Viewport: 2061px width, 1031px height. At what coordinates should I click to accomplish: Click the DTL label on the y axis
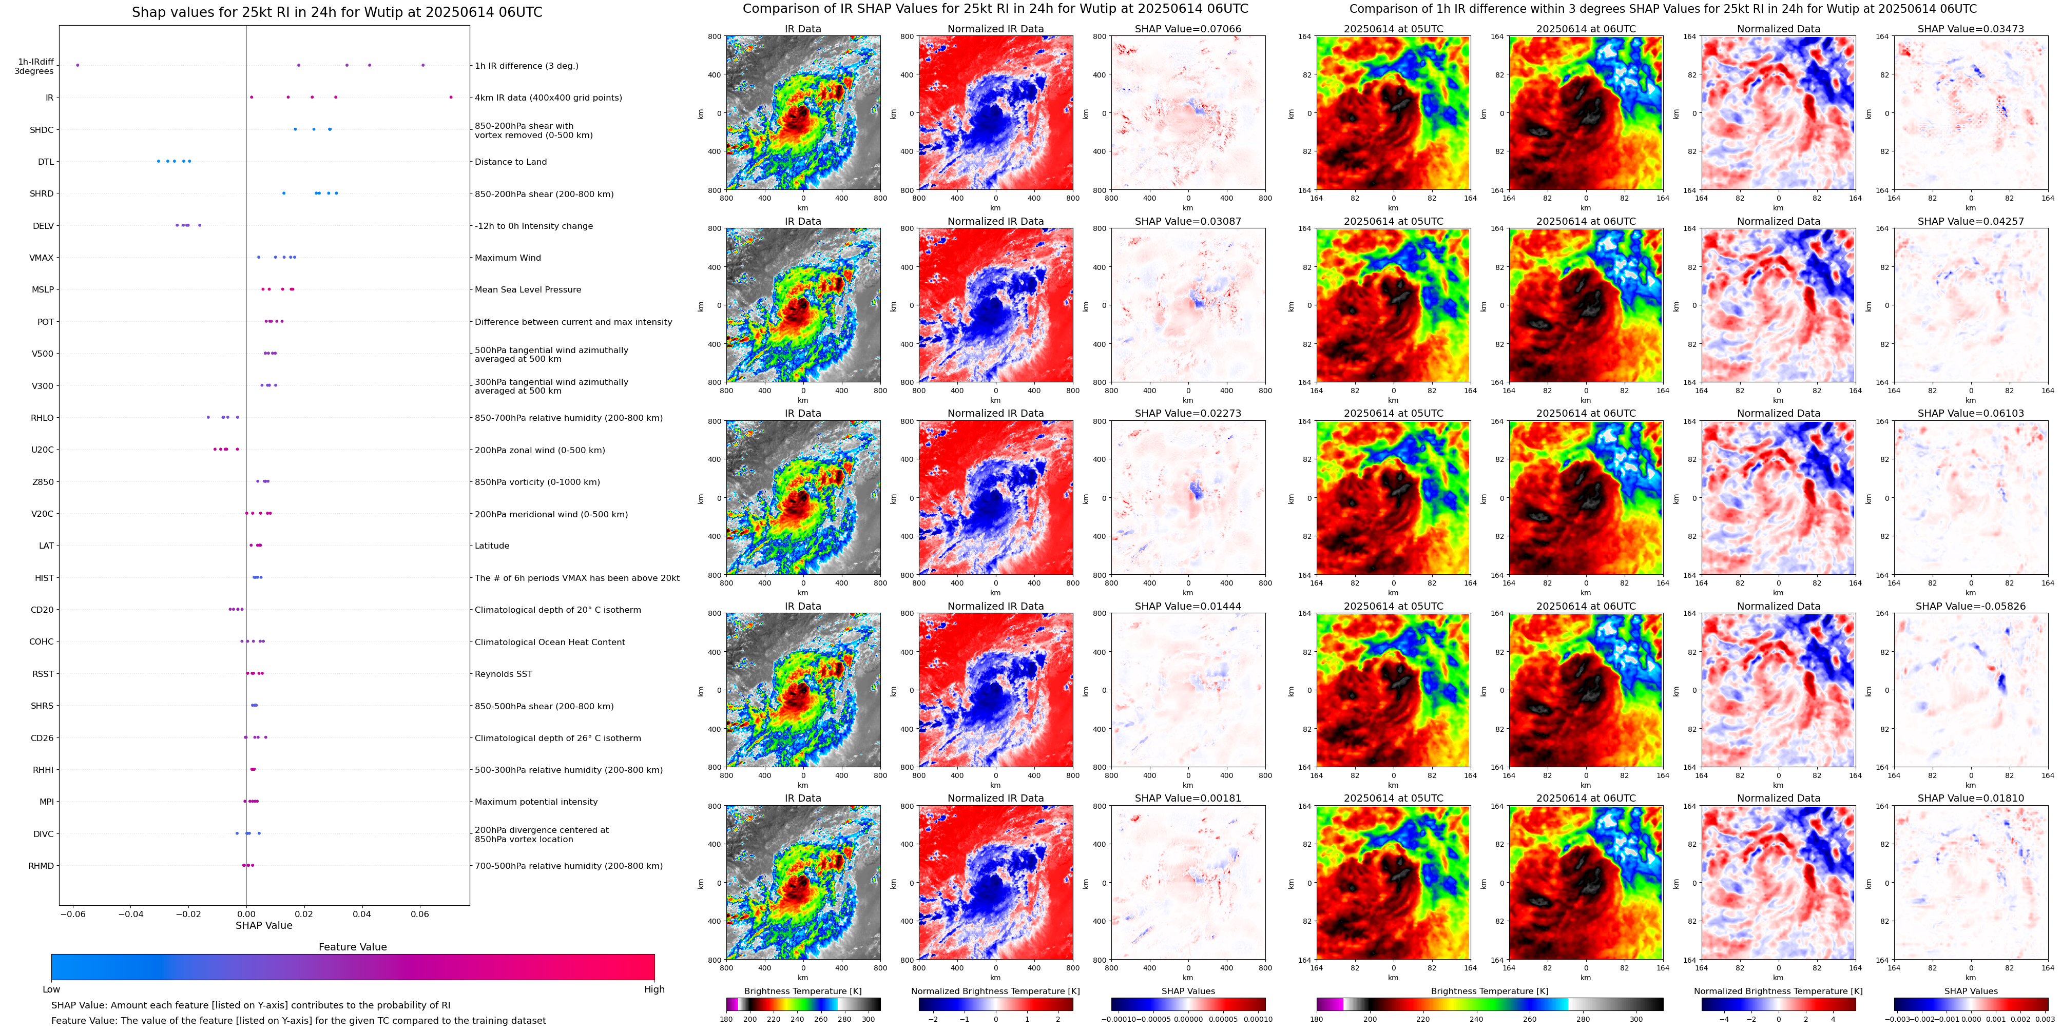tap(46, 162)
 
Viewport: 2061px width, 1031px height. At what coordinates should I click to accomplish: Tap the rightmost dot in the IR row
tap(451, 98)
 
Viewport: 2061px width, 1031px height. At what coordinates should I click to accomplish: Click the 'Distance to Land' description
tap(510, 162)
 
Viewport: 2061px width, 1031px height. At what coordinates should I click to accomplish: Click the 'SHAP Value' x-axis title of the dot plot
tap(263, 925)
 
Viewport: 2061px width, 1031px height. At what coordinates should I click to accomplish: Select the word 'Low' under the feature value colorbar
tap(51, 989)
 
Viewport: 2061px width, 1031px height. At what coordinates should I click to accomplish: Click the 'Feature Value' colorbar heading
tap(352, 947)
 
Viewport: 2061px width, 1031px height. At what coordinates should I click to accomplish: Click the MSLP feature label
tap(43, 289)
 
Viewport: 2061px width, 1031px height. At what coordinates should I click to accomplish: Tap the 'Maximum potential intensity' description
tap(536, 802)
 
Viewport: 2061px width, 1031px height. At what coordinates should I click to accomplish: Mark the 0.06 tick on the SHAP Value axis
tap(420, 913)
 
